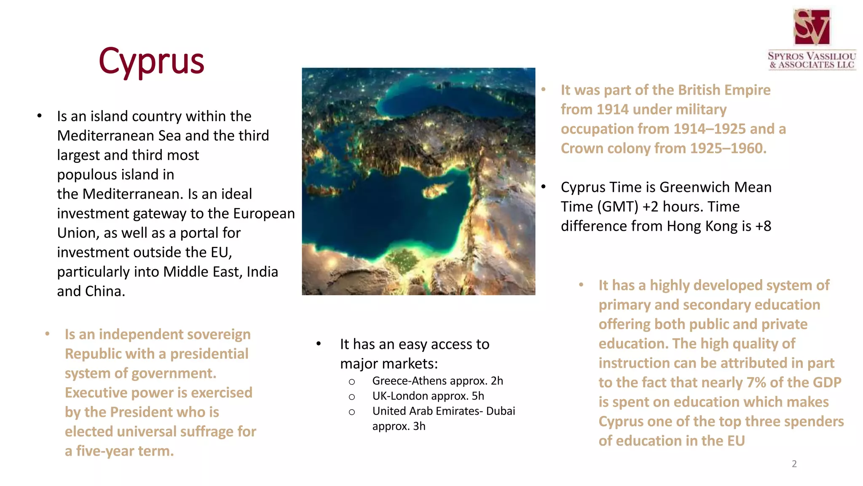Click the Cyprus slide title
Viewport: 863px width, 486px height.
151,61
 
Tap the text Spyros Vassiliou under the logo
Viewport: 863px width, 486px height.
812,56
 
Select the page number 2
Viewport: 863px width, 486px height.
794,464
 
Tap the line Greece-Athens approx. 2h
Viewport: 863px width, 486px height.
437,381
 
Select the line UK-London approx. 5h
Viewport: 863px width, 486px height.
428,396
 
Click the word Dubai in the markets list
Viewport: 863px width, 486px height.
501,411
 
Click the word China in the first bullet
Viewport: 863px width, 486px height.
105,291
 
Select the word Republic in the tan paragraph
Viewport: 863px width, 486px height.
87,354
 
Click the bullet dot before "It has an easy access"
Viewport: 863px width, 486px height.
319,344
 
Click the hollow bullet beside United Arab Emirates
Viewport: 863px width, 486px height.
352,412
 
